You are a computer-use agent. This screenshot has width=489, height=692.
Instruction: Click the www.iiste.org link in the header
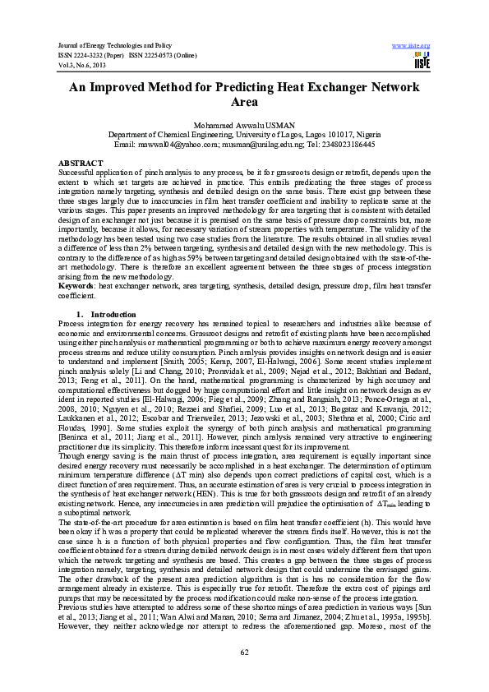tap(412, 44)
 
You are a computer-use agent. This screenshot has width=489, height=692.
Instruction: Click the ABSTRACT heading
tap(81, 164)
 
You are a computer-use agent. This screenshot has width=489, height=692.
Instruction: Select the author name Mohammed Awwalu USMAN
tap(244, 123)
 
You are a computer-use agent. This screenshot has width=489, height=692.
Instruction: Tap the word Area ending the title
tap(244, 104)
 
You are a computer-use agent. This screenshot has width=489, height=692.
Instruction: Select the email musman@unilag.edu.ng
tap(265, 143)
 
